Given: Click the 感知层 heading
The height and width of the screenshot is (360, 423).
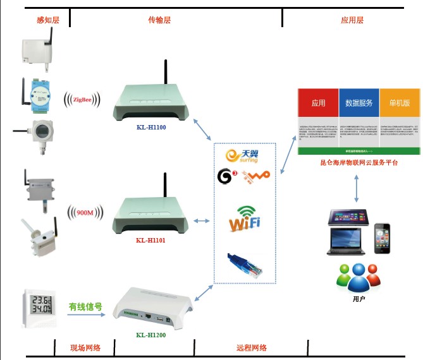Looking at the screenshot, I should pyautogui.click(x=48, y=20).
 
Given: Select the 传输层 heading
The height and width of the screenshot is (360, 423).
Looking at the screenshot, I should pyautogui.click(x=159, y=20).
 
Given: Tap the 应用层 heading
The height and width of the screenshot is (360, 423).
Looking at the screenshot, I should pyautogui.click(x=352, y=20).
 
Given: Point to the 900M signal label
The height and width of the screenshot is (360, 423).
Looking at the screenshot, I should pyautogui.click(x=85, y=213).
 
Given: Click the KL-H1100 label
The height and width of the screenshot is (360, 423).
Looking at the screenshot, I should pyautogui.click(x=151, y=128).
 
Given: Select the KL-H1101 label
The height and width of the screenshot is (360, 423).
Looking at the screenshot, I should pyautogui.click(x=150, y=240).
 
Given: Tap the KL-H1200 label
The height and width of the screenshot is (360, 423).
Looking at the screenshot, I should pyautogui.click(x=151, y=335).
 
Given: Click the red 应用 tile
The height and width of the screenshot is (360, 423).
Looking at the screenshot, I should pyautogui.click(x=318, y=103).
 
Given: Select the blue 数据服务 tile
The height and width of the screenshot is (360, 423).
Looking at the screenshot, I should pyautogui.click(x=359, y=103).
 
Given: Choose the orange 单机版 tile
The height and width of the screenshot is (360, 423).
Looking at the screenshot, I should pyautogui.click(x=399, y=103).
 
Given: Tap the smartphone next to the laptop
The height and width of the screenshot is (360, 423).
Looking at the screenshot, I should pyautogui.click(x=383, y=238).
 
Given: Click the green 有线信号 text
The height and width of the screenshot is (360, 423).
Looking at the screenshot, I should pyautogui.click(x=85, y=307).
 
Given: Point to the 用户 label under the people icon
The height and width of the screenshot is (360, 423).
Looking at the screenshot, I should pyautogui.click(x=359, y=299).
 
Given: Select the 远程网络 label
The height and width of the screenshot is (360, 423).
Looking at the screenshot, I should pyautogui.click(x=252, y=348).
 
